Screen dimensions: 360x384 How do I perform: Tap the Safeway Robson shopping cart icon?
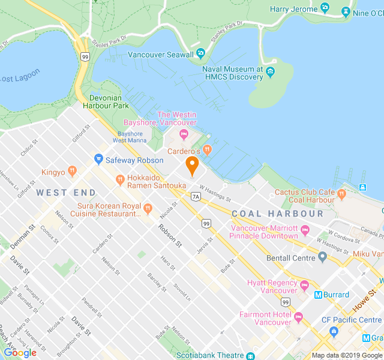pyautogui.click(x=98, y=160)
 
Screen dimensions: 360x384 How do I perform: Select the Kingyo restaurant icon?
pyautogui.click(x=72, y=172)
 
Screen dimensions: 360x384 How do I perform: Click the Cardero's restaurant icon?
pyautogui.click(x=207, y=150)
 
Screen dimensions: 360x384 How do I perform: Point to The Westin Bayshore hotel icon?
pyautogui.click(x=184, y=133)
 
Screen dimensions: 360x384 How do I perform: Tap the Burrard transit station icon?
pyautogui.click(x=318, y=295)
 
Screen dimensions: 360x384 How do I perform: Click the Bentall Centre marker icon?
pyautogui.click(x=322, y=258)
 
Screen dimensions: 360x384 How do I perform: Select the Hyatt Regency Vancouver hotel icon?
pyautogui.click(x=304, y=284)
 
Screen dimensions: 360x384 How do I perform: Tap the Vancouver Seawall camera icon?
pyautogui.click(x=200, y=53)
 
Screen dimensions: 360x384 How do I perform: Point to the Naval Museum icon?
pyautogui.click(x=270, y=73)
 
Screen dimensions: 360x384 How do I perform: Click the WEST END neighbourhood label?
pyautogui.click(x=66, y=193)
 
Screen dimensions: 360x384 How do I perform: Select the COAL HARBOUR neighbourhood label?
pyautogui.click(x=277, y=214)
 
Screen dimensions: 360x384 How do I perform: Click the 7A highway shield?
pyautogui.click(x=196, y=196)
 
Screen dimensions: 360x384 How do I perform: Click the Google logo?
pyautogui.click(x=20, y=352)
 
